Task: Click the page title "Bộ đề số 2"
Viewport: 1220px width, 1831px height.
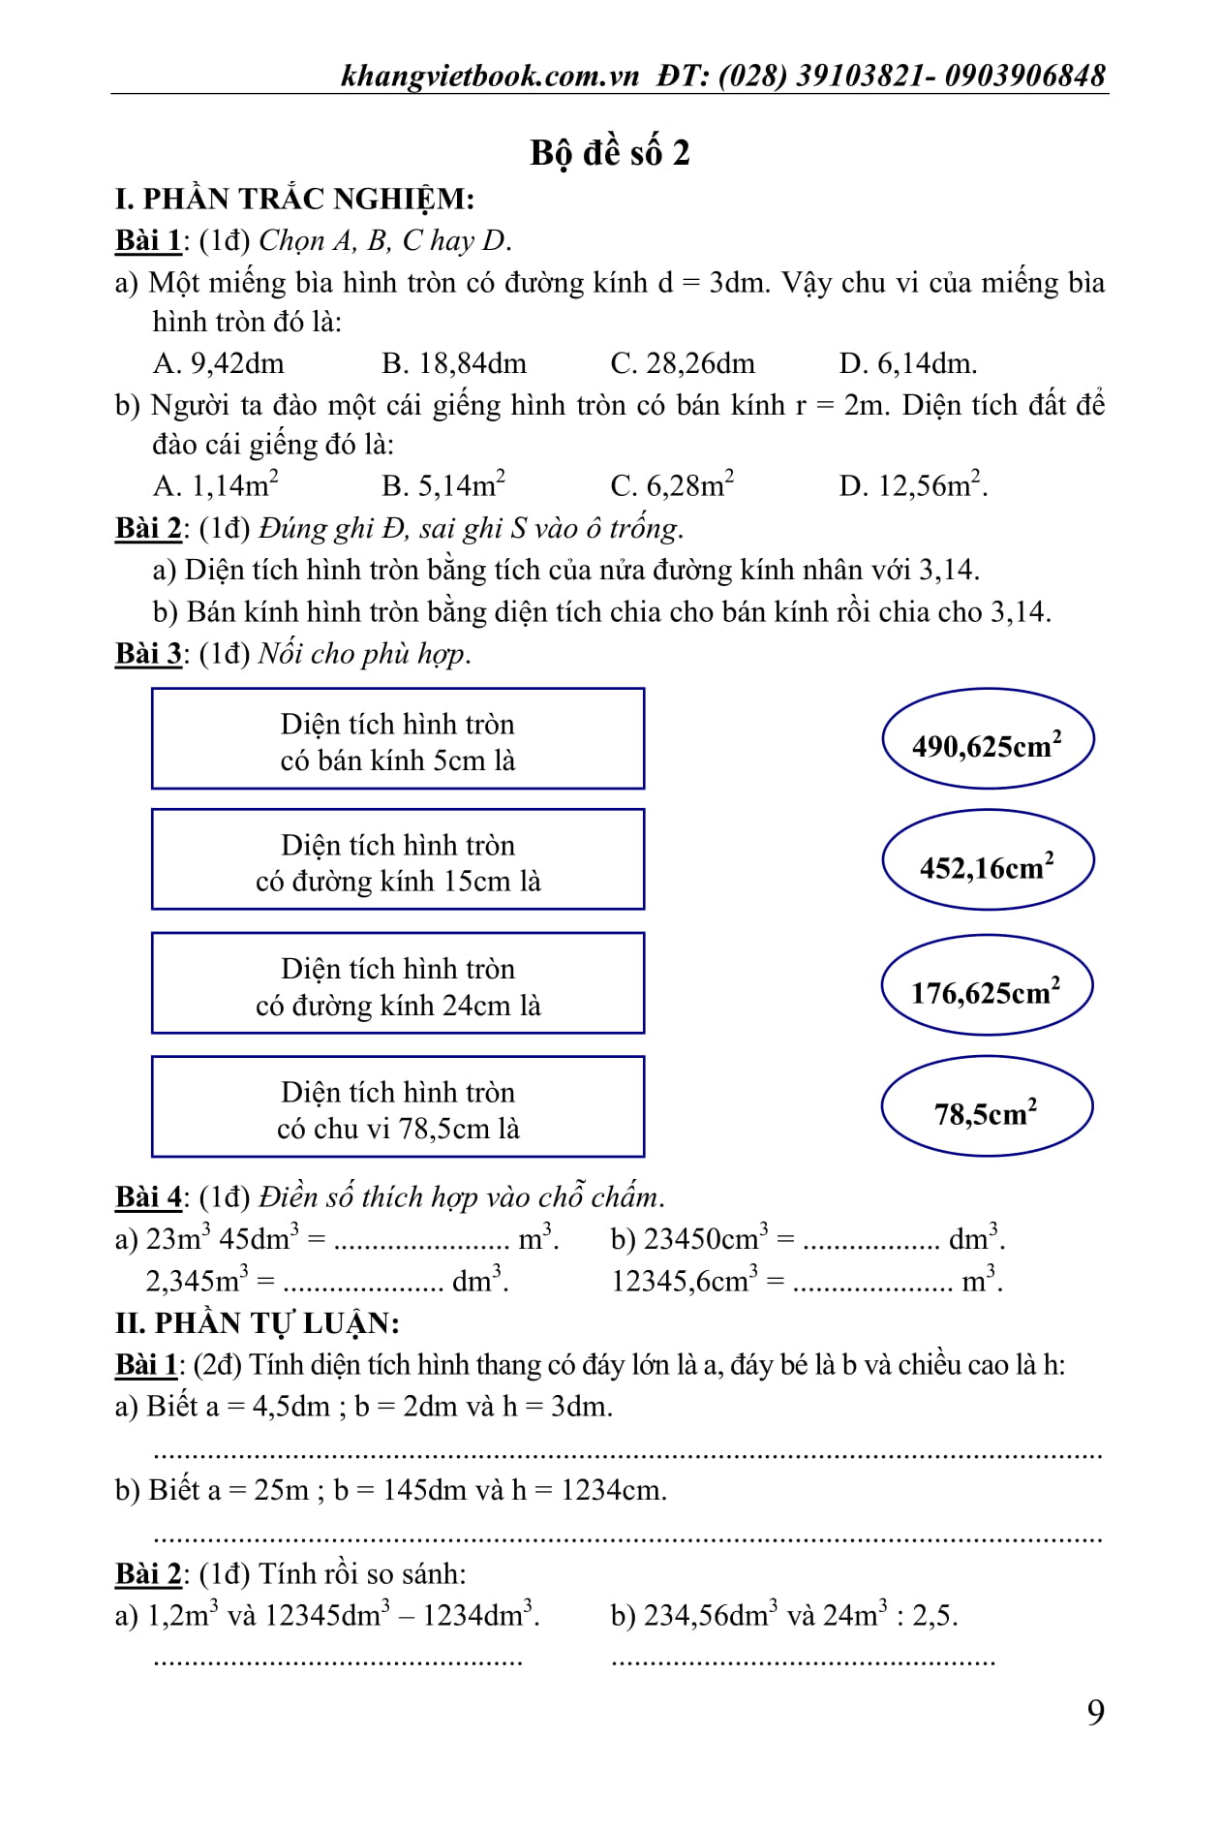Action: click(609, 153)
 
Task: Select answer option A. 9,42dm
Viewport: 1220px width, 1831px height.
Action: click(219, 363)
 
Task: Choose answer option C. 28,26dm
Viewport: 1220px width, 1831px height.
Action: click(682, 363)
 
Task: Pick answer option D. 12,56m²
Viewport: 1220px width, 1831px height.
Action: click(912, 484)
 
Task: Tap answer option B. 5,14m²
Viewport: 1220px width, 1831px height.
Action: click(443, 484)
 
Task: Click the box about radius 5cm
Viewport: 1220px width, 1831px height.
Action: click(398, 740)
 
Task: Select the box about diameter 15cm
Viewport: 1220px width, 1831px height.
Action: click(398, 861)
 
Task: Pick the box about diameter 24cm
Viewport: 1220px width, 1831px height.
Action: click(398, 985)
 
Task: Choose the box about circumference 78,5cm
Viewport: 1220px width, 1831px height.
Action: click(398, 1108)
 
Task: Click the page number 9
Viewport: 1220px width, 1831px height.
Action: click(1095, 1714)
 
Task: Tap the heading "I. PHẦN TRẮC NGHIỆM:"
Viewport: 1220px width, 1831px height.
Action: click(294, 200)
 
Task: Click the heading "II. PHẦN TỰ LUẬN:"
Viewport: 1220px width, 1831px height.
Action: click(257, 1323)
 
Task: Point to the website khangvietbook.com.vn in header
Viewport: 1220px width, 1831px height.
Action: click(490, 76)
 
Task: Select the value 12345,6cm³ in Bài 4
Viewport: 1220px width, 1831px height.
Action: click(685, 1282)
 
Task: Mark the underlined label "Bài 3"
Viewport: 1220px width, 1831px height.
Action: click(148, 654)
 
